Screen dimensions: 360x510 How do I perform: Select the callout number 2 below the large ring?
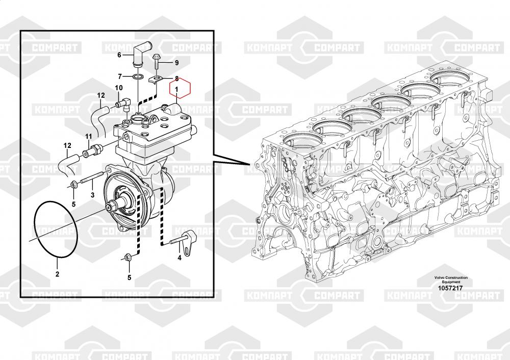point(57,274)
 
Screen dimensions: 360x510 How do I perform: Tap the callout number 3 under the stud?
point(92,195)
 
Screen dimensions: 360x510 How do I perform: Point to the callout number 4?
point(180,258)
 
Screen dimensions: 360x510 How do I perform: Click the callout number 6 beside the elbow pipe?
point(119,55)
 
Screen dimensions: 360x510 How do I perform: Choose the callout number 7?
point(120,76)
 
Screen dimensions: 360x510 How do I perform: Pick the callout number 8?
point(176,79)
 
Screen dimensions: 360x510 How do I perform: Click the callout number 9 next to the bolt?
point(176,63)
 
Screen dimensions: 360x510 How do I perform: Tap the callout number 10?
point(118,88)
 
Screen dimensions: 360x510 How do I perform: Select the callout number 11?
point(88,136)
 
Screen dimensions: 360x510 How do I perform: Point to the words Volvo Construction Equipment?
point(451,279)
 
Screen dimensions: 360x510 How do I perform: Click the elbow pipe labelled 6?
point(139,56)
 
